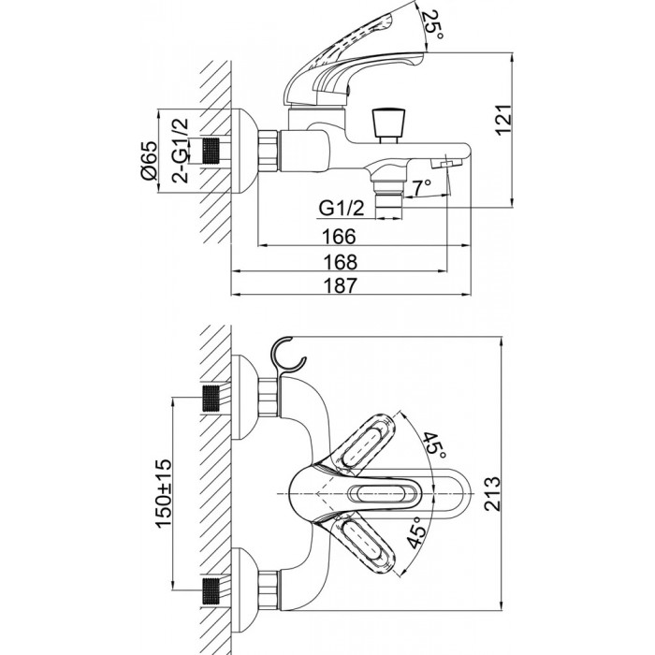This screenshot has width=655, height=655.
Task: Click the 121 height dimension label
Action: click(x=504, y=120)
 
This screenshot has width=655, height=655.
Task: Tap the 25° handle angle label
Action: click(x=433, y=25)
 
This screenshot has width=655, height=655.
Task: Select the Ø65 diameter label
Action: click(x=150, y=160)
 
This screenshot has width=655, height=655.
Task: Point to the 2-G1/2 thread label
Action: click(x=180, y=151)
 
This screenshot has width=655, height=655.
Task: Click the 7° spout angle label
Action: click(x=421, y=187)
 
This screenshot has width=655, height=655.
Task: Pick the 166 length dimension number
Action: click(x=339, y=237)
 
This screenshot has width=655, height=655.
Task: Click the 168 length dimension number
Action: click(x=341, y=262)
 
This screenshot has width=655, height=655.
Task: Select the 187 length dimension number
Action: click(x=341, y=285)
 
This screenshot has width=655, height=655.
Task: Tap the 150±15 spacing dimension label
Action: click(x=163, y=493)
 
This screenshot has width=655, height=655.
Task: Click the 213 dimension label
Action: click(x=492, y=493)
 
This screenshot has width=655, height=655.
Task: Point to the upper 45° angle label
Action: click(x=433, y=445)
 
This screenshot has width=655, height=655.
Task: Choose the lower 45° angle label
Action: click(x=417, y=531)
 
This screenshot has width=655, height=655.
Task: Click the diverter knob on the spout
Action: click(x=388, y=124)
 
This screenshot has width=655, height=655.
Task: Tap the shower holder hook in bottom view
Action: click(x=287, y=357)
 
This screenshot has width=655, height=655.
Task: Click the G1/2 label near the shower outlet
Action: click(x=342, y=208)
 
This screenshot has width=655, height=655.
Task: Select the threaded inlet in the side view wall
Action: click(x=211, y=152)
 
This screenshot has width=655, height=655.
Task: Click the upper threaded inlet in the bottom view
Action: click(x=211, y=398)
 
